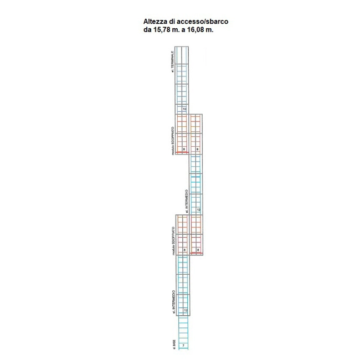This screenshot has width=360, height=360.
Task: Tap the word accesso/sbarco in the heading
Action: point(203,22)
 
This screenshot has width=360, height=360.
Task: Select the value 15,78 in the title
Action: point(163,30)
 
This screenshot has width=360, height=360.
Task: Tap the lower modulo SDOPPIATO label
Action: point(173,240)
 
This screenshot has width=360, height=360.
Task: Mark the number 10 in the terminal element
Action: point(184,109)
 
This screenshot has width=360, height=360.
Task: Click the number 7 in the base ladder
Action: point(184,346)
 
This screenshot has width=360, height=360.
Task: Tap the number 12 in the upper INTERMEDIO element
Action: point(198,210)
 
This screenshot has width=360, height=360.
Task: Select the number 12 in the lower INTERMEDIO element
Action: point(185,310)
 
